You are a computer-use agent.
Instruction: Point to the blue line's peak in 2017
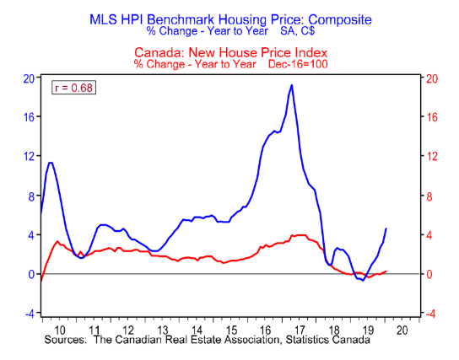tap(292, 85)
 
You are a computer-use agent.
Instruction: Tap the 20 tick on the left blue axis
tap(28, 78)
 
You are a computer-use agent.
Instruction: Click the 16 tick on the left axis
tap(28, 117)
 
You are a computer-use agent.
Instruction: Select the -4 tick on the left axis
tap(28, 314)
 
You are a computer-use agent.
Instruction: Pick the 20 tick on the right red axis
tap(432, 78)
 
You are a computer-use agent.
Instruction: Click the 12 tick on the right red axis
tap(432, 157)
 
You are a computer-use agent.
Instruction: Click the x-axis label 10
tap(59, 330)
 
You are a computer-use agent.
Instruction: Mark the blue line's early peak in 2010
tap(51, 162)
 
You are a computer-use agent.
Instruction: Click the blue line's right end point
tap(386, 228)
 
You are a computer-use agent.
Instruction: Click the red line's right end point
tap(386, 271)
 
